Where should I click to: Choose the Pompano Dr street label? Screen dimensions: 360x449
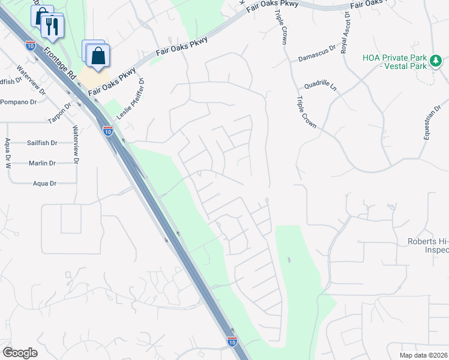(18, 102)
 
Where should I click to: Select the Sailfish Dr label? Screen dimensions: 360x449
(42, 143)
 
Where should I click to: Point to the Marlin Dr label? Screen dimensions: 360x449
(42, 163)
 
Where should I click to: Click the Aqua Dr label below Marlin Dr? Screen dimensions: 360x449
(45, 183)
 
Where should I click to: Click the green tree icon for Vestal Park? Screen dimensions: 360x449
(436, 60)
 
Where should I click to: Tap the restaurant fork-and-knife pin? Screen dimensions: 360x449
(52, 26)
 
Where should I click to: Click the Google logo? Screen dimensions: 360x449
(20, 353)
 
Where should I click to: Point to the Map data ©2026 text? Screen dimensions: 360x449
(423, 355)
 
